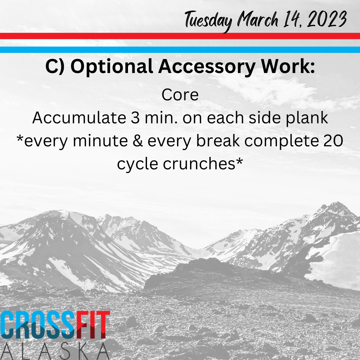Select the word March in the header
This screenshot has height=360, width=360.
(258, 20)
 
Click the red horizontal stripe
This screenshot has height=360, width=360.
(180, 36)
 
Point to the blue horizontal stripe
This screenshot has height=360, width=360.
(180, 50)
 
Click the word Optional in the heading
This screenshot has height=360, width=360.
(112, 67)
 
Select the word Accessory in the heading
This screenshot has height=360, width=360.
(207, 67)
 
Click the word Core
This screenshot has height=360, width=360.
(180, 95)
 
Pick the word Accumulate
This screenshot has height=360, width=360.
(79, 118)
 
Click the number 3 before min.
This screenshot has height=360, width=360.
(135, 118)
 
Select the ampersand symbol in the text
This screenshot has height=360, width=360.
(138, 141)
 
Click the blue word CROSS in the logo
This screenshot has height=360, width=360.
(38, 325)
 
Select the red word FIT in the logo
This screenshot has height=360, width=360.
(93, 325)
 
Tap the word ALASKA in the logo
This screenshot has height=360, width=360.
(55, 351)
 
